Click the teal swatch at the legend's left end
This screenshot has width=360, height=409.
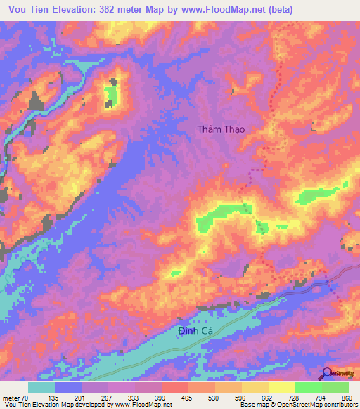coord(41,387)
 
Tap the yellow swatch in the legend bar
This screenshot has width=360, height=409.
coord(282,387)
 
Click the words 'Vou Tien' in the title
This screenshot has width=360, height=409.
coord(25,9)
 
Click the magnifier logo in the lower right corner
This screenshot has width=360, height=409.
coord(328,373)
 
